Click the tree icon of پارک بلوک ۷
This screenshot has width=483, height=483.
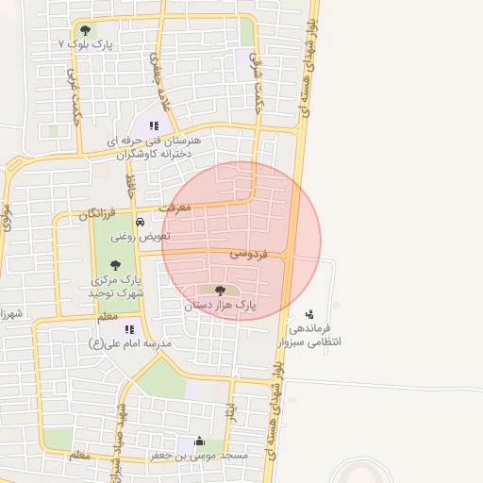point(86,30)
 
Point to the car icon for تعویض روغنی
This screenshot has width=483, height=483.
point(141,223)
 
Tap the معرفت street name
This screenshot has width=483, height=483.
point(175,206)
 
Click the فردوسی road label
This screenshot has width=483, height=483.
point(249,255)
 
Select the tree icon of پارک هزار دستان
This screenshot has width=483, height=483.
point(221,291)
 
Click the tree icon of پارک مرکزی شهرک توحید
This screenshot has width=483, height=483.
point(116,265)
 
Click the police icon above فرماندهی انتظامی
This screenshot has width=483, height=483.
point(310,314)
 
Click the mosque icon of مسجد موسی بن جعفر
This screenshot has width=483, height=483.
point(199,441)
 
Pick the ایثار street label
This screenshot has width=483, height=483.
point(229,413)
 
